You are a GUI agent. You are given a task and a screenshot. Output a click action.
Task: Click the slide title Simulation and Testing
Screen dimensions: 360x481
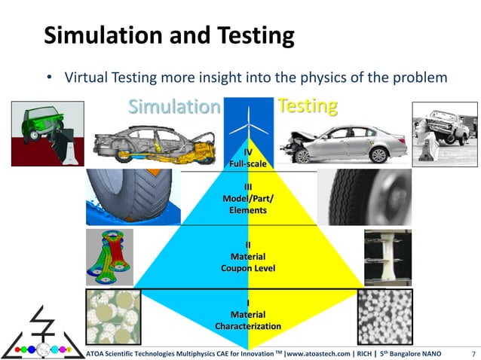point(168,35)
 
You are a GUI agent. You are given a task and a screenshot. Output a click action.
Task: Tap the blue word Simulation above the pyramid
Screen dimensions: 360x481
point(173,106)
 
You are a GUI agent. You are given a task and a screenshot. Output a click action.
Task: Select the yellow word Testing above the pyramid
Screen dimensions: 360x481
point(307,106)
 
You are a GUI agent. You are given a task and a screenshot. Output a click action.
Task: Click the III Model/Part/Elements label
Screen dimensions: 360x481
point(248,198)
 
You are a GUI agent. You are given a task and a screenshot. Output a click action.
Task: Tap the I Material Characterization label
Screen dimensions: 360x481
point(248,315)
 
